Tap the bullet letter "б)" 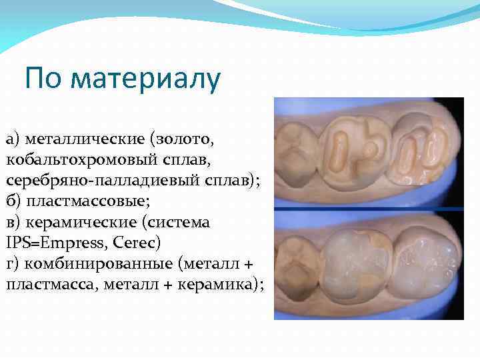pos(14,201)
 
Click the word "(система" pos(179,222)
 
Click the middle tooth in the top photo pos(353,149)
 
